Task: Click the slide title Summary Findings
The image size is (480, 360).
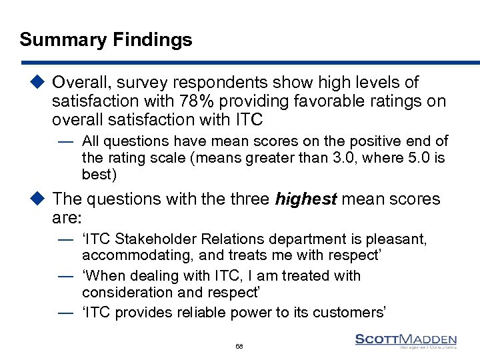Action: (106, 40)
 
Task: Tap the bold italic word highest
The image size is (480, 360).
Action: (305, 199)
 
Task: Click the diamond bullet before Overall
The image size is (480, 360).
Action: (39, 83)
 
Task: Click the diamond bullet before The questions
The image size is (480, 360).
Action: (39, 199)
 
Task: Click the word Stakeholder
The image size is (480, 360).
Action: (150, 239)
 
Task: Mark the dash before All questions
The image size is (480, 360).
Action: (65, 142)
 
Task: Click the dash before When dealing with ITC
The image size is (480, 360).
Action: (65, 276)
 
